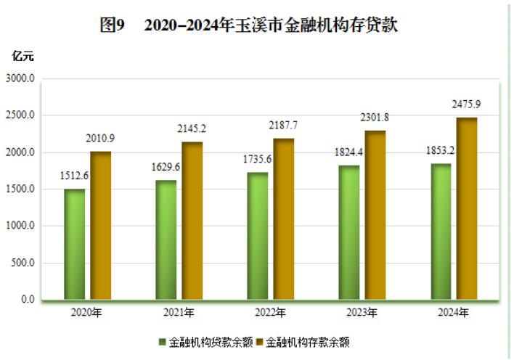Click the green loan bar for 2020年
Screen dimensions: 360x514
[74, 245]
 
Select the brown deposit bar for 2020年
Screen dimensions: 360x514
[101, 226]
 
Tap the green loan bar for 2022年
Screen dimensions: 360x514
[257, 236]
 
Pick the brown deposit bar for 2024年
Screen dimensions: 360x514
[467, 209]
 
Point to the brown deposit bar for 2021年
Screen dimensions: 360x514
[192, 221]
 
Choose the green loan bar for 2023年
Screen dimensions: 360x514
[348, 232]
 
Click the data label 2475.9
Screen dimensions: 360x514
[465, 105]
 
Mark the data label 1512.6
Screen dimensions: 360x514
[74, 176]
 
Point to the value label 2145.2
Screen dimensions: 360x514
[192, 128]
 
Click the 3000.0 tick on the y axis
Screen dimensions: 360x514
[21, 78]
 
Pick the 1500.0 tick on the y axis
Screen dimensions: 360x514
[21, 189]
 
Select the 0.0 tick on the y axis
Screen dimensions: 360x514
[27, 300]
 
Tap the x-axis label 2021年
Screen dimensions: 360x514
[179, 314]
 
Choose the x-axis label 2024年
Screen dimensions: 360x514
[454, 314]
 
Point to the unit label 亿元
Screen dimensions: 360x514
[23, 55]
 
